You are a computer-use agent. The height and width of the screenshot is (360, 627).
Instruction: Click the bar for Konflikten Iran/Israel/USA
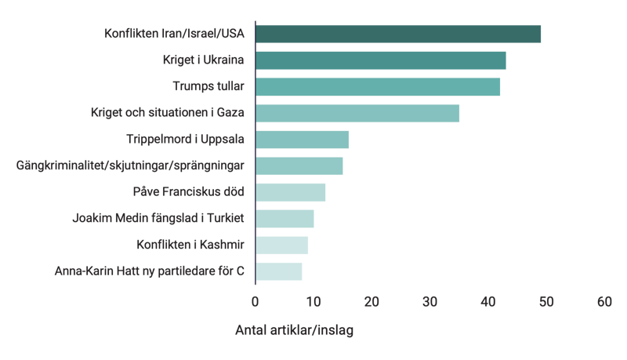398,34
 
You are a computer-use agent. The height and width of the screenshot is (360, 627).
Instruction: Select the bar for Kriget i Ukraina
380,60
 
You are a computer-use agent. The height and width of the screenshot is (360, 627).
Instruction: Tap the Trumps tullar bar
378,86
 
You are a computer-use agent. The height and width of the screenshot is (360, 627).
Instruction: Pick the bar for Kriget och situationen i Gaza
357,113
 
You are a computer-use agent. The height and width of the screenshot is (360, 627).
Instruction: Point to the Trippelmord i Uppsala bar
302,140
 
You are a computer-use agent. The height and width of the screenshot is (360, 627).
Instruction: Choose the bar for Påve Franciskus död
290,192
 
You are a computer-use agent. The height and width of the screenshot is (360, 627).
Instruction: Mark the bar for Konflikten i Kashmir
281,245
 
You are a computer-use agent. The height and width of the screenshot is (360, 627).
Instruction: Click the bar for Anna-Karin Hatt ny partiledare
278,271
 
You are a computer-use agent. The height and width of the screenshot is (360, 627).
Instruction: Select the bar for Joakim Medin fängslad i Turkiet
285,219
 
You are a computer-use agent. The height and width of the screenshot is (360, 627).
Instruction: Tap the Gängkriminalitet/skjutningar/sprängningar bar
299,165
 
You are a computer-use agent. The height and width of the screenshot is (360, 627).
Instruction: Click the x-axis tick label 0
256,301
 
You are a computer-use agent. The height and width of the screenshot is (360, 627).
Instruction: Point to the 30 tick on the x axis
429,301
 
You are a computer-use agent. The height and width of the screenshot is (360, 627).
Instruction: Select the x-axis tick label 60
603,301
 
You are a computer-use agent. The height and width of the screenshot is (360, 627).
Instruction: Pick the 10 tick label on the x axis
313,301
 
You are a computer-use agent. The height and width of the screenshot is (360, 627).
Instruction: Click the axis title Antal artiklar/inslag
295,330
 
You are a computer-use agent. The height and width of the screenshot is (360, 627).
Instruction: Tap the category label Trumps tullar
208,86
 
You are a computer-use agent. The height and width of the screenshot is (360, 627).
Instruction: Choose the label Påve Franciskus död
190,192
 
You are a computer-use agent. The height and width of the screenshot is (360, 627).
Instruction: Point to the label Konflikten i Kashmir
190,245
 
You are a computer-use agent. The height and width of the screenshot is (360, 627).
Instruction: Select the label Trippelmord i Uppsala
186,140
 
